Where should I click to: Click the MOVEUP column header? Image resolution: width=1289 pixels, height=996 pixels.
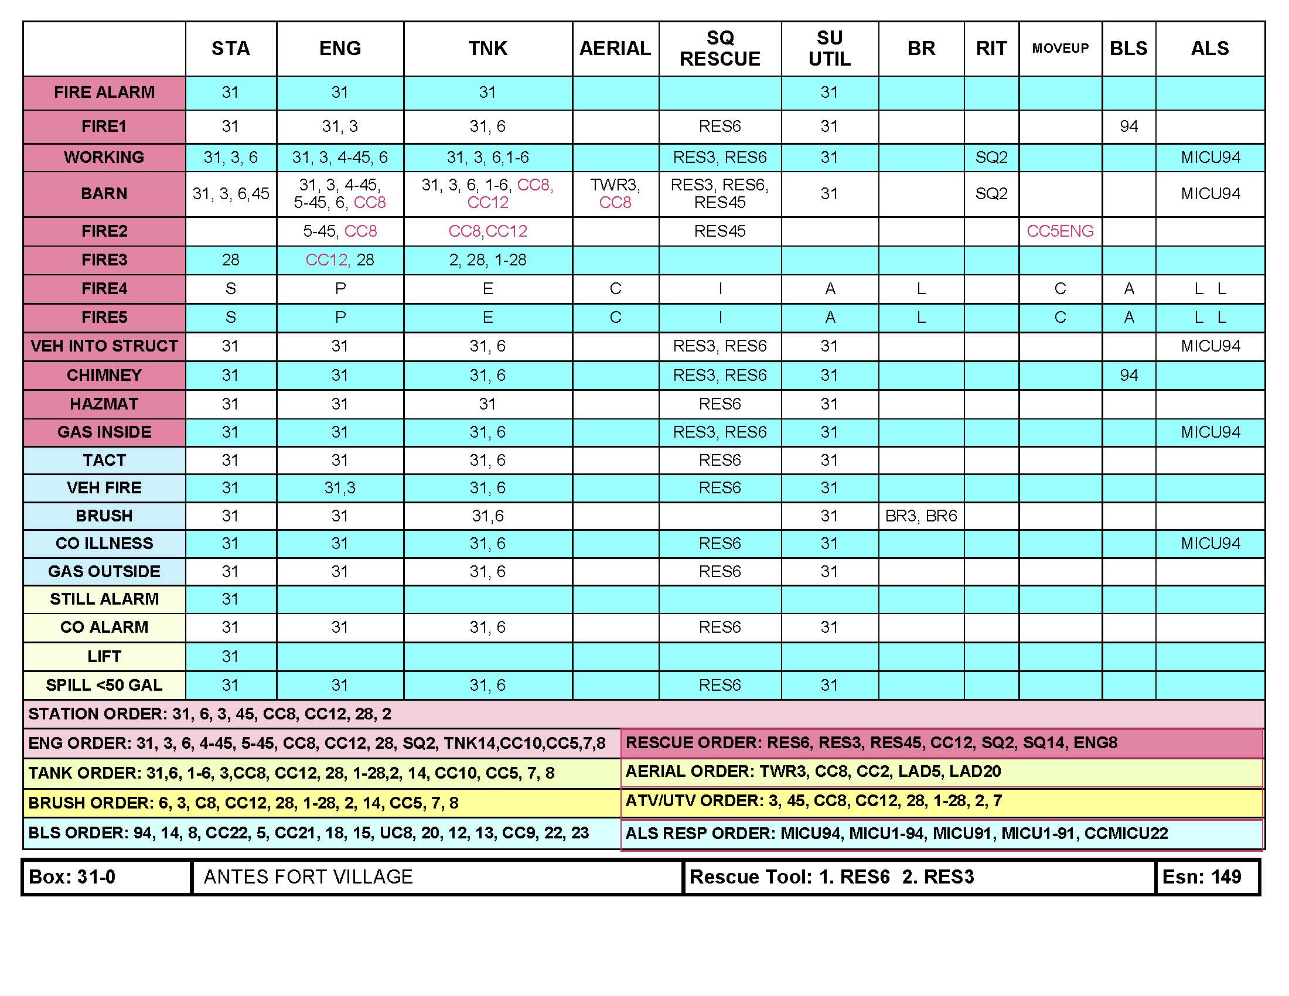point(1060,49)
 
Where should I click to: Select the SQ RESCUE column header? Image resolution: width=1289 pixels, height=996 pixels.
point(719,49)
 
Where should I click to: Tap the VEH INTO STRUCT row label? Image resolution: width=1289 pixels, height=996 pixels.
point(104,346)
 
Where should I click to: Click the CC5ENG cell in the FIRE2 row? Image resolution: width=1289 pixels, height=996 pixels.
point(1060,231)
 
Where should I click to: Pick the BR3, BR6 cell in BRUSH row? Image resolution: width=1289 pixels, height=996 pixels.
point(920,516)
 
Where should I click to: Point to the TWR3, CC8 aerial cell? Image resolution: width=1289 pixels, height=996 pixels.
point(615,193)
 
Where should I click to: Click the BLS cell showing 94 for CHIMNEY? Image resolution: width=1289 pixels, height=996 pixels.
point(1128,376)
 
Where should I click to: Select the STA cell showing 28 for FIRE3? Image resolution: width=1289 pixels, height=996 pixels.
point(230,260)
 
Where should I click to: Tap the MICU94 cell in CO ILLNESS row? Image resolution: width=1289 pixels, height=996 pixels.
point(1210,544)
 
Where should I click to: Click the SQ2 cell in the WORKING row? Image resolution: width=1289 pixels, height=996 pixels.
point(991,158)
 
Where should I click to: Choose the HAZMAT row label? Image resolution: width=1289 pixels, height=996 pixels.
point(104,404)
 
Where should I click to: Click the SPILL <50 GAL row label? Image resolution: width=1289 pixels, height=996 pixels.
point(104,685)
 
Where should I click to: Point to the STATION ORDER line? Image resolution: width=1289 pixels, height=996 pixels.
point(210,714)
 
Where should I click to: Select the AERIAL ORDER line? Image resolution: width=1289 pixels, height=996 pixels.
point(813,772)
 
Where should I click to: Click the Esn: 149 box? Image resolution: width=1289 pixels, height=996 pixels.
point(1202,877)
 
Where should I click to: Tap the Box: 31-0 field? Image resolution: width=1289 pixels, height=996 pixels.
point(72,877)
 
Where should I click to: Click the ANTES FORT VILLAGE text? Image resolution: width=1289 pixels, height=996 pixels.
point(308,877)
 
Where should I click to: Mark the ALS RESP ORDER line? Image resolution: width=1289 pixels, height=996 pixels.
point(896,833)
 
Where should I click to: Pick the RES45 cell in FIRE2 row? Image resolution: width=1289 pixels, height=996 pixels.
point(719,231)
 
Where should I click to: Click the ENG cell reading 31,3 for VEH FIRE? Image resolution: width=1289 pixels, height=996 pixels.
point(339,488)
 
